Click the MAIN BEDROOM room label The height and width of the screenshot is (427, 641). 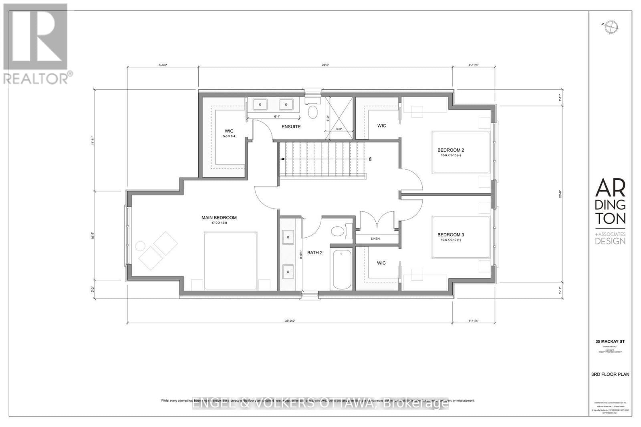pos(219,218)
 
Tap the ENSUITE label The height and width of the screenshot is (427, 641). pos(291,126)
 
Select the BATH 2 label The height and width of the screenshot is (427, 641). pos(314,253)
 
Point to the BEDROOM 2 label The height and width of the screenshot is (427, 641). pos(450,150)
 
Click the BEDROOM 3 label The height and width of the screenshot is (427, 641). pos(450,235)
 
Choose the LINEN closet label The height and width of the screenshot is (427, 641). pos(375,239)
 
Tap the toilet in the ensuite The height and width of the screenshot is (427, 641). pos(312,112)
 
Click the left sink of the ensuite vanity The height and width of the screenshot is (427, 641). pos(260,104)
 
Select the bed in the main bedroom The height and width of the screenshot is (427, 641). pos(230,260)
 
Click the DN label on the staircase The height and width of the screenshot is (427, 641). pos(370,159)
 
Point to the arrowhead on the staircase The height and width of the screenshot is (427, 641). pos(282,159)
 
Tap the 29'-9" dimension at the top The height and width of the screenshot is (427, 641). pos(326,65)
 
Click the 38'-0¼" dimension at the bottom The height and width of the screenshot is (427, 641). pos(290,321)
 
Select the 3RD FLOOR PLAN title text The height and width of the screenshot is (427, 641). pos(610,375)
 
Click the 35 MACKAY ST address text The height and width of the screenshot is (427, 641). pos(610,341)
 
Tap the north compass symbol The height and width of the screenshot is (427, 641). pos(612,26)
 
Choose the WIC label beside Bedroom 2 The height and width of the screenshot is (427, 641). pos(381,126)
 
